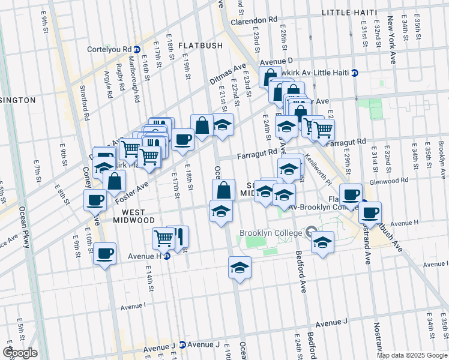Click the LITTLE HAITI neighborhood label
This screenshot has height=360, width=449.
click(x=349, y=13)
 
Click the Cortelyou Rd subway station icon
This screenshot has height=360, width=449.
click(x=137, y=49)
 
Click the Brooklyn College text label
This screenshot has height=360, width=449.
click(x=271, y=233)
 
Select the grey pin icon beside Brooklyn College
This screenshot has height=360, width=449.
click(x=310, y=232)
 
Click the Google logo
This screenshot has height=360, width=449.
click(x=20, y=352)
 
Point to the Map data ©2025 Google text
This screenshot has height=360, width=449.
click(x=411, y=355)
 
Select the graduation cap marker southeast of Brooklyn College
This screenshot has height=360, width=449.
click(x=322, y=242)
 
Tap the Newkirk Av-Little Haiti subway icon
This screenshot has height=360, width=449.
click(x=355, y=73)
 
